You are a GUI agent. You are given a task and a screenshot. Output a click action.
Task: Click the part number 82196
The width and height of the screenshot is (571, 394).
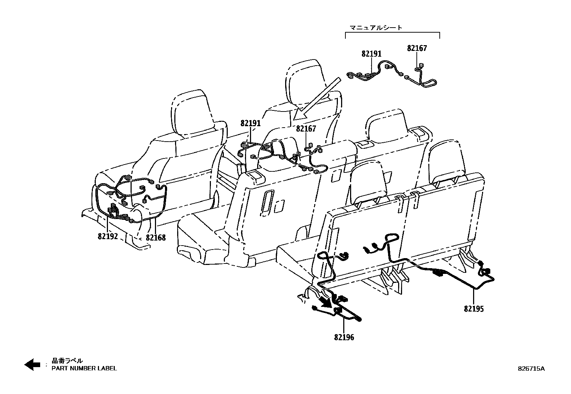[344, 337]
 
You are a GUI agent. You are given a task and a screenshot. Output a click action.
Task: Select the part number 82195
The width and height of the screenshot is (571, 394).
[474, 309]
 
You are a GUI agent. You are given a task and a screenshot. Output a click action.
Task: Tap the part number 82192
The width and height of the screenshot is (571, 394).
[108, 237]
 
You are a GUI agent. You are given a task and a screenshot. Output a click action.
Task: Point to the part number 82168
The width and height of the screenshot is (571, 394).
[156, 238]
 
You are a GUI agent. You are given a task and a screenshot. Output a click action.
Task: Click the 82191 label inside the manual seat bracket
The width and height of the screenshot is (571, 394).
[372, 54]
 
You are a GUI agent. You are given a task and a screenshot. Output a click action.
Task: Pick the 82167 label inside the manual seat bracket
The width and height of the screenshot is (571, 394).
[417, 48]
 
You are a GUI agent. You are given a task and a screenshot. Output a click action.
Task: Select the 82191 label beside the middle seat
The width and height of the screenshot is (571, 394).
[251, 123]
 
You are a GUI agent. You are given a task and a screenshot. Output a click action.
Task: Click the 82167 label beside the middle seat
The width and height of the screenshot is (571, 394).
[306, 129]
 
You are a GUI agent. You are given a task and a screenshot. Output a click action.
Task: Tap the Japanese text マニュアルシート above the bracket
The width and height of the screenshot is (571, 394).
[376, 28]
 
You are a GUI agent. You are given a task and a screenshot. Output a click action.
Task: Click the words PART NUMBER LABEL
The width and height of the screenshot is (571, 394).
[84, 368]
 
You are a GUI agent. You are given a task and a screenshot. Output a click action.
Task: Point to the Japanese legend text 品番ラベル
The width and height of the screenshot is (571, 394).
[67, 361]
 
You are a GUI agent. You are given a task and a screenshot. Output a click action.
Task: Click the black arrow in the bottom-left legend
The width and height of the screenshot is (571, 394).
[32, 365]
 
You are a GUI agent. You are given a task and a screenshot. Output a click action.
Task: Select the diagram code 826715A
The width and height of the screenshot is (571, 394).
[531, 369]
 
